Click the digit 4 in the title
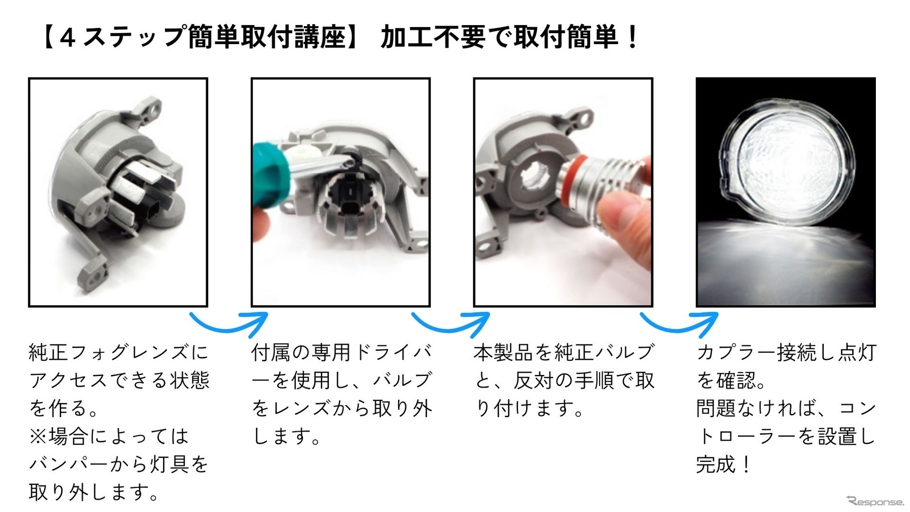[x=67, y=38]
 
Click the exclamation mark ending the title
[x=633, y=37]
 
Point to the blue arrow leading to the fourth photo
[x=680, y=323]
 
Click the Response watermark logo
[x=875, y=501]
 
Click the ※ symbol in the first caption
[x=38, y=436]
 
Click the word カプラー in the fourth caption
[x=736, y=352]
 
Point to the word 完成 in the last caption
[x=716, y=464]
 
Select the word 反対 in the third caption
[x=533, y=380]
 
